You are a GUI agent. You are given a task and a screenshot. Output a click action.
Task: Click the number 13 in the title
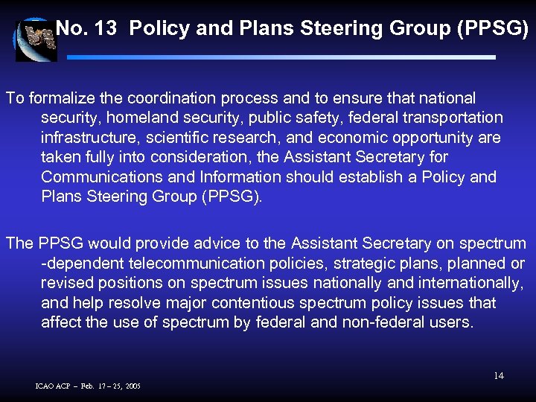click(x=106, y=29)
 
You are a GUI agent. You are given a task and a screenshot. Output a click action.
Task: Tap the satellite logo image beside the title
click(x=35, y=39)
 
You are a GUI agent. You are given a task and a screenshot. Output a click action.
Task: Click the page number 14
click(x=499, y=376)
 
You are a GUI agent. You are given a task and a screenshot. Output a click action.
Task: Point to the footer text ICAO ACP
click(x=54, y=386)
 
